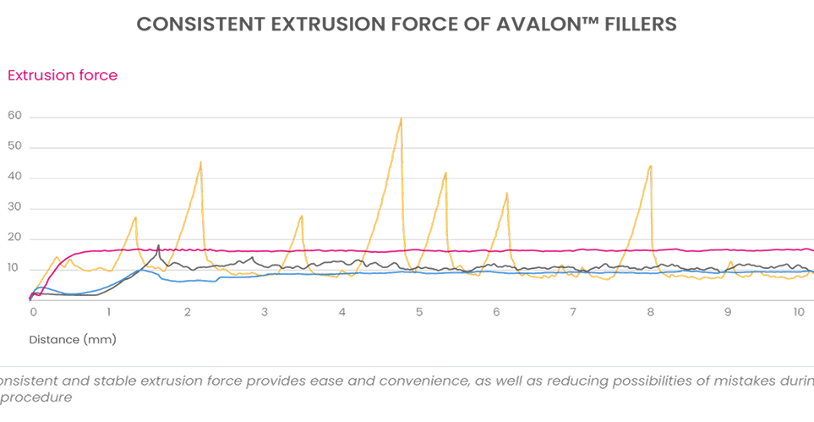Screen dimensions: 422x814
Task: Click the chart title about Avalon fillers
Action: [407, 25]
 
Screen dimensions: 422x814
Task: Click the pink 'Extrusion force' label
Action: [62, 75]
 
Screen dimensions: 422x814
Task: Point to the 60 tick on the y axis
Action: [14, 116]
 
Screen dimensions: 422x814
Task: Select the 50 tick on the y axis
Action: [14, 147]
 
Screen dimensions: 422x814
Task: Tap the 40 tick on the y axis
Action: [14, 178]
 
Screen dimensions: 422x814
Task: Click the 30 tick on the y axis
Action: [14, 208]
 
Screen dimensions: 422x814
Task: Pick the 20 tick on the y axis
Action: [14, 238]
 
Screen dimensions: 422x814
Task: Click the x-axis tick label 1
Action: [109, 312]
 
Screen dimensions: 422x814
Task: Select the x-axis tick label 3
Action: [265, 312]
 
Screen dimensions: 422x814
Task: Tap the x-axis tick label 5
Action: [418, 312]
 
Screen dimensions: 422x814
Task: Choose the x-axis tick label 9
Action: [727, 312]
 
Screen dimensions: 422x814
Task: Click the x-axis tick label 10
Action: [799, 312]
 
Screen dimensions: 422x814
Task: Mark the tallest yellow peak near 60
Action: [401, 119]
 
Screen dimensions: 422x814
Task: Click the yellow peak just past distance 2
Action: [200, 162]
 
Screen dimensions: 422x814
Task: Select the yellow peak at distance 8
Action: [650, 166]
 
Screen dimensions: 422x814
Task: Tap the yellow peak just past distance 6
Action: [507, 194]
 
